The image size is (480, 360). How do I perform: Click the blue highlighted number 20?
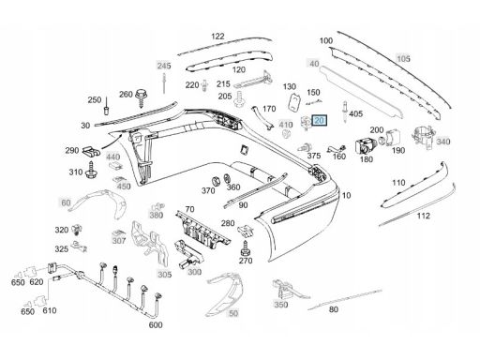coord(320,121)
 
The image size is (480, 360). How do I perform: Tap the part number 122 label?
coord(217,37)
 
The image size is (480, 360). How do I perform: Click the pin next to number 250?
coord(106,106)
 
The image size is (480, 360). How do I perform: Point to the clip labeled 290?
coord(91,151)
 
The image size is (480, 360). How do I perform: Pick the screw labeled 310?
coord(91,169)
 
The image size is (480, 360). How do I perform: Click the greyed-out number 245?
coord(164,66)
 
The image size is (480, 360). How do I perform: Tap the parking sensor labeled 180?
coord(366,145)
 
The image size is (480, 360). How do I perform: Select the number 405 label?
coord(355,113)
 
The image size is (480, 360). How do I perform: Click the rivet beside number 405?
coord(345,112)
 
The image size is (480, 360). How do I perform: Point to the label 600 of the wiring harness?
coord(156,325)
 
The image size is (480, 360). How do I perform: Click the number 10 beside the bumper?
coord(346,196)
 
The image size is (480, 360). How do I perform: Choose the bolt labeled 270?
coord(246,247)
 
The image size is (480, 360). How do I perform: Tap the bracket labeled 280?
coord(246,231)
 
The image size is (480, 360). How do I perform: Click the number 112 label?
coord(424,216)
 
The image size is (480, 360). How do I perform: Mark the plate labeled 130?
coord(294,102)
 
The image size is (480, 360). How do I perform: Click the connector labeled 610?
coord(40,300)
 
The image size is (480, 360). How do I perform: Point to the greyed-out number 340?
coord(442,142)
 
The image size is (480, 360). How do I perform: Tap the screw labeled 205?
coord(239,99)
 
